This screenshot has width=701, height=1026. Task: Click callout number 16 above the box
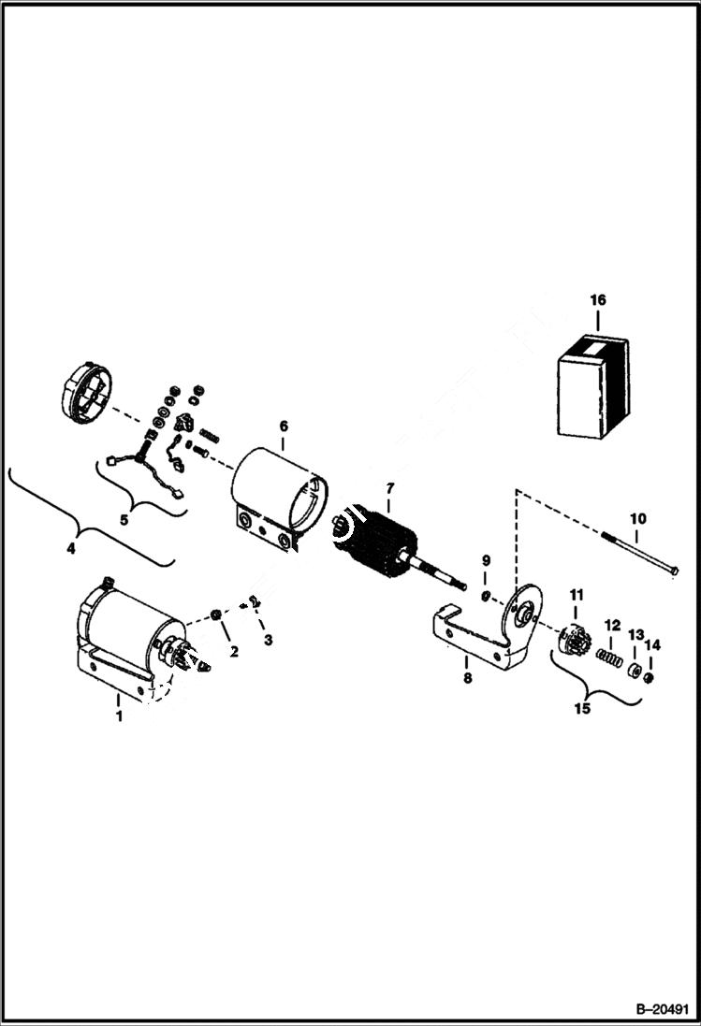click(x=598, y=300)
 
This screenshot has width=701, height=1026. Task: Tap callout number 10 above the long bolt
click(x=636, y=518)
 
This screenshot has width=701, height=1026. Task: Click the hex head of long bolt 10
click(x=673, y=571)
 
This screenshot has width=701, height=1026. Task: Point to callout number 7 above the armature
click(x=390, y=488)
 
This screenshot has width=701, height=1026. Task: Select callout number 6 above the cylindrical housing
click(x=283, y=426)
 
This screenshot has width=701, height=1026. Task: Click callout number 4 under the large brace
click(x=70, y=549)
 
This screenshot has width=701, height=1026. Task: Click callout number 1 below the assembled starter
click(x=119, y=716)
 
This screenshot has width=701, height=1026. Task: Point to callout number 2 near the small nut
click(x=234, y=651)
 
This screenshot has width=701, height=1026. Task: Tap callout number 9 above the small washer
click(x=486, y=560)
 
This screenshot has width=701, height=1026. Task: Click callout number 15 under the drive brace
click(x=583, y=709)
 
